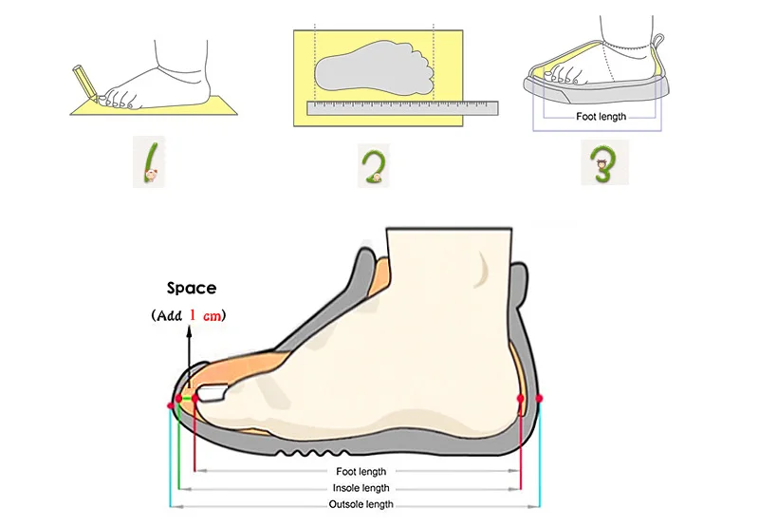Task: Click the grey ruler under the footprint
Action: point(402,108)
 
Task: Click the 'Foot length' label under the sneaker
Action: point(601,116)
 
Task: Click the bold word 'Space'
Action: point(192,289)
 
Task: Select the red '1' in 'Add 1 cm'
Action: point(193,315)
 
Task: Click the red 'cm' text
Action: point(212,316)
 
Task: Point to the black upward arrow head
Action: point(189,331)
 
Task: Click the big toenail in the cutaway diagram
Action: point(213,393)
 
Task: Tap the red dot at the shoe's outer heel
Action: point(539,399)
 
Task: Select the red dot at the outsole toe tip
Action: point(171,404)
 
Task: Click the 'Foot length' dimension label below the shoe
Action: point(361,471)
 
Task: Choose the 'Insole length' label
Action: point(361,488)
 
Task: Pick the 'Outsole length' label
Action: point(361,504)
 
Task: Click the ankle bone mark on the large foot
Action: point(482,270)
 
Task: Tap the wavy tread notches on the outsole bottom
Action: point(312,453)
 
